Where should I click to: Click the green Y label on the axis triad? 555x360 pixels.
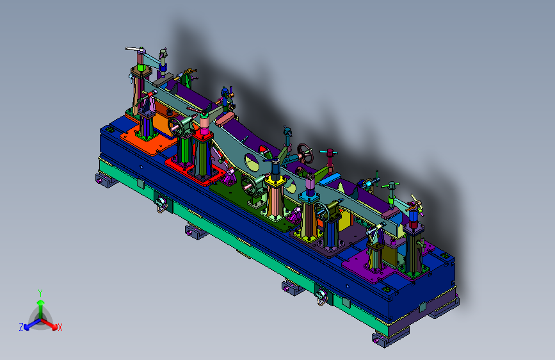click(40, 293)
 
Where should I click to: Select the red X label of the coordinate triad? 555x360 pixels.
click(60, 328)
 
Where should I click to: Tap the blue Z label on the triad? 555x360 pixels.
click(21, 327)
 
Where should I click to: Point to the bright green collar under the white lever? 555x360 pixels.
click(141, 67)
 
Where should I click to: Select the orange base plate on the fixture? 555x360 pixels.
click(149, 140)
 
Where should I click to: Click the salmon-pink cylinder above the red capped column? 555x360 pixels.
click(204, 122)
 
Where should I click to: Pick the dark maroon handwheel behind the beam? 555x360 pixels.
click(305, 153)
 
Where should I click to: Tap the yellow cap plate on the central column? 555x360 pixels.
click(276, 181)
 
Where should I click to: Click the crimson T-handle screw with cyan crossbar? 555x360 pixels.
click(330, 157)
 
